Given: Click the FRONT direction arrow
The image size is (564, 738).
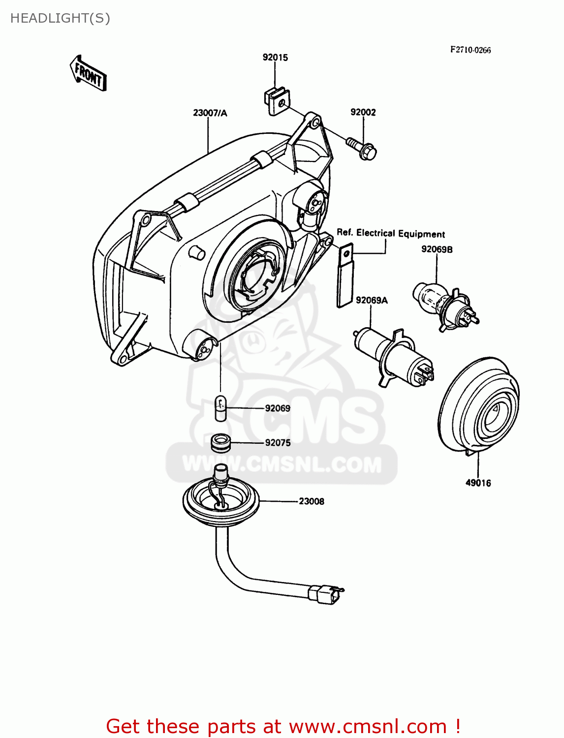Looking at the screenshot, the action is point(88,73).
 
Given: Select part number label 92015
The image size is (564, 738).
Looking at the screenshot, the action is point(275,58).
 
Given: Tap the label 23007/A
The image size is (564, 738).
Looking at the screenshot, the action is point(210,113).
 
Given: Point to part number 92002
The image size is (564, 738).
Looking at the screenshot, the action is point(363,112).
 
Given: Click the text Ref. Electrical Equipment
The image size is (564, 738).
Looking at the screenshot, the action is point(391,233).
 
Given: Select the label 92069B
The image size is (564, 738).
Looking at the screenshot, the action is point(437,249).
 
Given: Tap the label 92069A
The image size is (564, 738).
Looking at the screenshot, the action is point(372,300).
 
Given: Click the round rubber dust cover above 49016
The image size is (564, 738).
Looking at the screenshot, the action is point(478,406).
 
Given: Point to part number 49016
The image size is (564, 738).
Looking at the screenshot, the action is point(478,483).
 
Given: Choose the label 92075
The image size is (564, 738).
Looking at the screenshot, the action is point(278,443).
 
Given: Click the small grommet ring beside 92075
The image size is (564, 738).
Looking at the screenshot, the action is point(220,443).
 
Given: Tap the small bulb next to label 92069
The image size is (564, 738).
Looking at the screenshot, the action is point(220,408).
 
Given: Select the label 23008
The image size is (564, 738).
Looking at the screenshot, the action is point(312,501).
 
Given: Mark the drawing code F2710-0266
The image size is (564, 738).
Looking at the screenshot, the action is point(470,50).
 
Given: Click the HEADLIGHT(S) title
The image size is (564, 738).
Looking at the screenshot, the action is point(60,19).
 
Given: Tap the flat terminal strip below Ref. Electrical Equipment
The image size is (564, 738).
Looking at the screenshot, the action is point(345,275).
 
